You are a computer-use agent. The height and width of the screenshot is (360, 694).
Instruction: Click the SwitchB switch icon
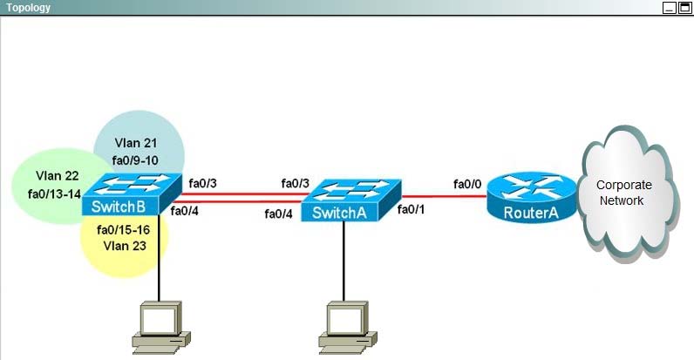132,194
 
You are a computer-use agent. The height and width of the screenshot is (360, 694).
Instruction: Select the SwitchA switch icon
351,200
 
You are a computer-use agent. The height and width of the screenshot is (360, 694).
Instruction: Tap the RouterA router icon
532,197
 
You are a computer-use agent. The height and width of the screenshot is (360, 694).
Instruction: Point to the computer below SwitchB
161,327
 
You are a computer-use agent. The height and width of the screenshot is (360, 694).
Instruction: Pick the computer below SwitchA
348,327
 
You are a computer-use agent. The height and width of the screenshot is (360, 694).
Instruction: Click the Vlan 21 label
135,143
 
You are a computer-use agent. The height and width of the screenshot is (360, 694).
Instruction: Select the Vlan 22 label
57,175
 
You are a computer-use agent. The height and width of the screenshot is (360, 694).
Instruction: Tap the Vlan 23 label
125,246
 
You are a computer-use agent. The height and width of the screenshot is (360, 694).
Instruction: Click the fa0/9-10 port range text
135,160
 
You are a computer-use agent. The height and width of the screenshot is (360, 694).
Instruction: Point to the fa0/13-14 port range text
54,194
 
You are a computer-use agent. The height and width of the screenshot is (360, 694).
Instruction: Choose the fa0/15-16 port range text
123,229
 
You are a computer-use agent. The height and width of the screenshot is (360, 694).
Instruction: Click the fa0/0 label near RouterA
467,184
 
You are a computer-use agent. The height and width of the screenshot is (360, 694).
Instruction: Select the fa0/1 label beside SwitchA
411,209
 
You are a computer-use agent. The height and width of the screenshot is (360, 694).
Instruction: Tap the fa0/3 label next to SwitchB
203,183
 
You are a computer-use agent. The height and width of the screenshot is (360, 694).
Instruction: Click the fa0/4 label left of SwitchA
278,214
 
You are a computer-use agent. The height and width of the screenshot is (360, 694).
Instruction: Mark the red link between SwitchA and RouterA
445,196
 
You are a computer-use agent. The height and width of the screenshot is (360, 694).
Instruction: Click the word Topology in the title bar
28,8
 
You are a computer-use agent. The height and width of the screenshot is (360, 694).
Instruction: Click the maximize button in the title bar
684,8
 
